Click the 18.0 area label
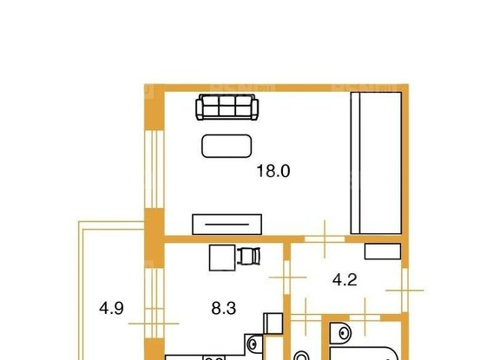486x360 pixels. tap(273, 171)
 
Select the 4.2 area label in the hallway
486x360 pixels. tap(345, 281)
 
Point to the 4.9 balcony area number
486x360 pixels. tap(110, 306)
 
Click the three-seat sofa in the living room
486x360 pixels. tap(227, 108)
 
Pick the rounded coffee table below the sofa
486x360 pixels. tap(227, 146)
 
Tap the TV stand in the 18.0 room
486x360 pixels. tap(227, 222)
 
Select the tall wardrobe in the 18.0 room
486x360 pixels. tap(375, 161)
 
